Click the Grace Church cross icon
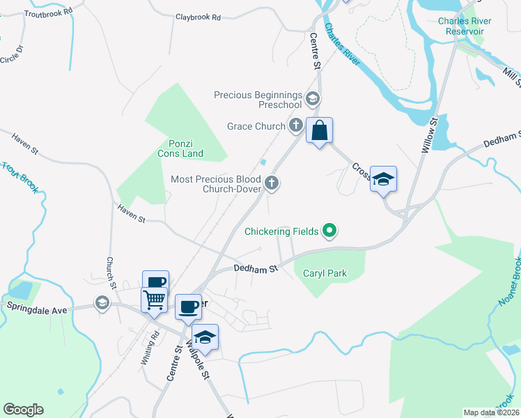coord(296,126)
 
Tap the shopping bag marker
coord(319,130)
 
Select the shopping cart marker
coord(155,300)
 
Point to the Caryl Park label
coord(325,274)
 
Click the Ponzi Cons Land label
coord(178,148)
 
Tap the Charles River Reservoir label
coord(465,26)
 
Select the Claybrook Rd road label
coord(198,17)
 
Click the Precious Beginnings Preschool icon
coord(312,99)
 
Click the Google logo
coord(23,410)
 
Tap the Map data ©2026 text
coord(490,412)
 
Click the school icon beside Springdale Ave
coord(102,303)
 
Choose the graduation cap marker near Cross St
coord(383,180)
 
